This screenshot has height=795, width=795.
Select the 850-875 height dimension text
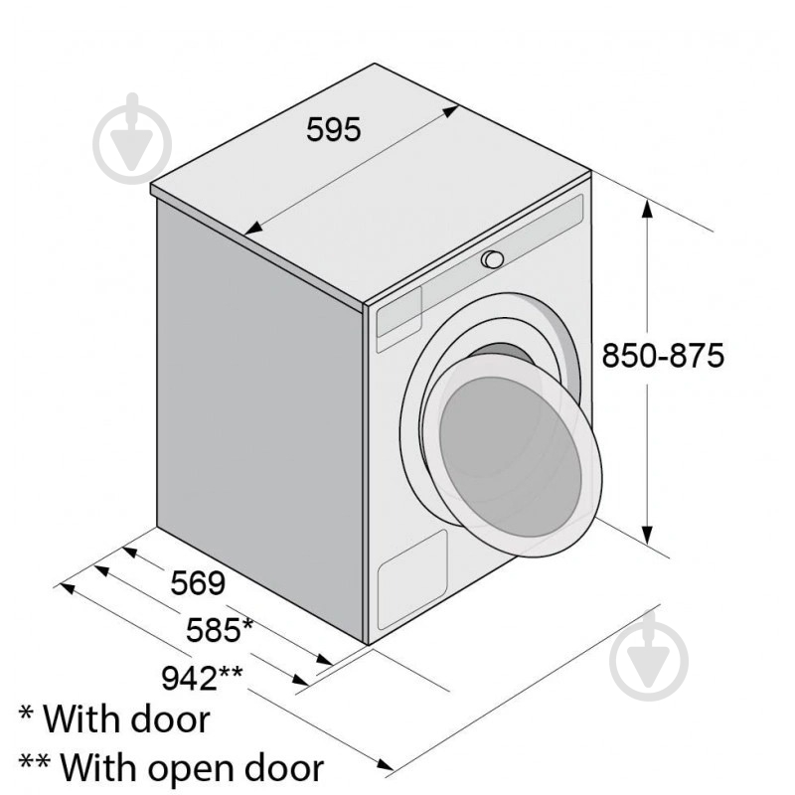tap(663, 355)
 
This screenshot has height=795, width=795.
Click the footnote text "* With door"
tap(114, 718)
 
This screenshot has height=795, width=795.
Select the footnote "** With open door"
tap(171, 767)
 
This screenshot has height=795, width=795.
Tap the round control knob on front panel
tap(492, 259)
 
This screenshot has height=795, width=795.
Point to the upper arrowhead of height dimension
tap(647, 208)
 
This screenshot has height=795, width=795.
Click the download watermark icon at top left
tap(132, 138)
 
